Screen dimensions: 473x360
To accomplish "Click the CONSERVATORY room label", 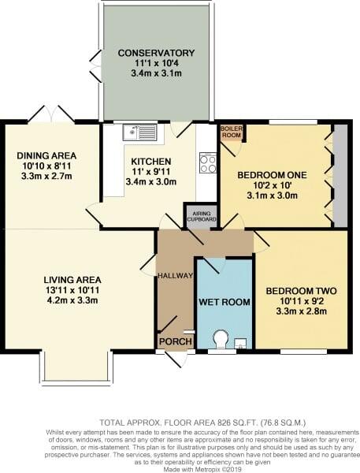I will click(156, 53).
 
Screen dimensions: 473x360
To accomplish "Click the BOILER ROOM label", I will click(231, 131).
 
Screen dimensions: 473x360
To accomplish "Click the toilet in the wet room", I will click(221, 340).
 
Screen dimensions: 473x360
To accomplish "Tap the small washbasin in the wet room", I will click(240, 343).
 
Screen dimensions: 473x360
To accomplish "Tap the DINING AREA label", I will click(49, 155).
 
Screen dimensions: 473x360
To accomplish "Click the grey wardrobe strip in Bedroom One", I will click(340, 175).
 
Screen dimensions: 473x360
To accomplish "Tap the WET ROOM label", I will click(225, 302).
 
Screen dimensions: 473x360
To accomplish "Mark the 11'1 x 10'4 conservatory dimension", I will click(156, 63).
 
